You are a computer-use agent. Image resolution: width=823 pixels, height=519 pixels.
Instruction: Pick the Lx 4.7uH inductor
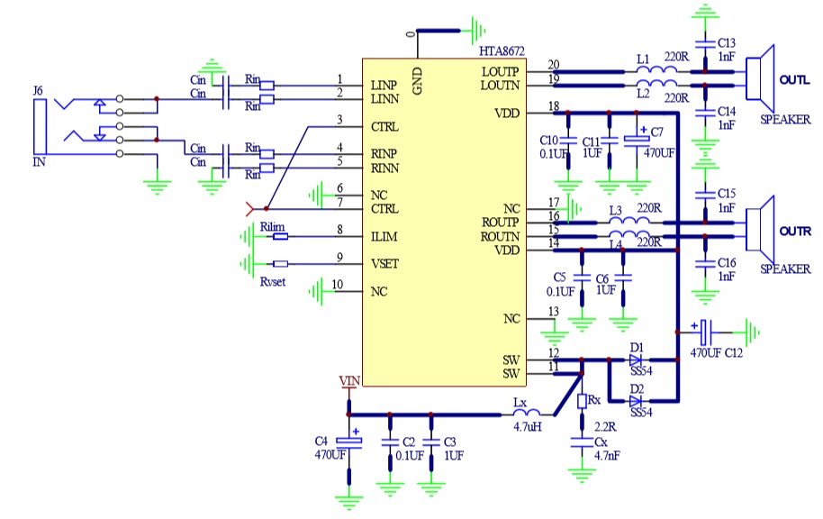tap(520, 414)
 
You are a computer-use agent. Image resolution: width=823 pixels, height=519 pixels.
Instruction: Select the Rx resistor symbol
tap(581, 400)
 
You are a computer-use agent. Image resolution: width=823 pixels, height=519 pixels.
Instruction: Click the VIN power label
tap(348, 381)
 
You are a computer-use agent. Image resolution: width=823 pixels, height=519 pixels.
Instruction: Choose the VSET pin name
tap(385, 265)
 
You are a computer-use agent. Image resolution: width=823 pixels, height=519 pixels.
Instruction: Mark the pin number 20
tap(553, 64)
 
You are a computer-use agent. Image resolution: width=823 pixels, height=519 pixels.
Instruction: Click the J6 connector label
tap(37, 91)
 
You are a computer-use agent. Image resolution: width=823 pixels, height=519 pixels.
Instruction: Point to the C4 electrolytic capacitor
tap(348, 439)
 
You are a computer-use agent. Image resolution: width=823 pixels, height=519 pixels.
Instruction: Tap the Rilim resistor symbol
tap(280, 237)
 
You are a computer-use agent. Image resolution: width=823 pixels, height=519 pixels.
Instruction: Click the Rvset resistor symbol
tap(280, 264)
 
